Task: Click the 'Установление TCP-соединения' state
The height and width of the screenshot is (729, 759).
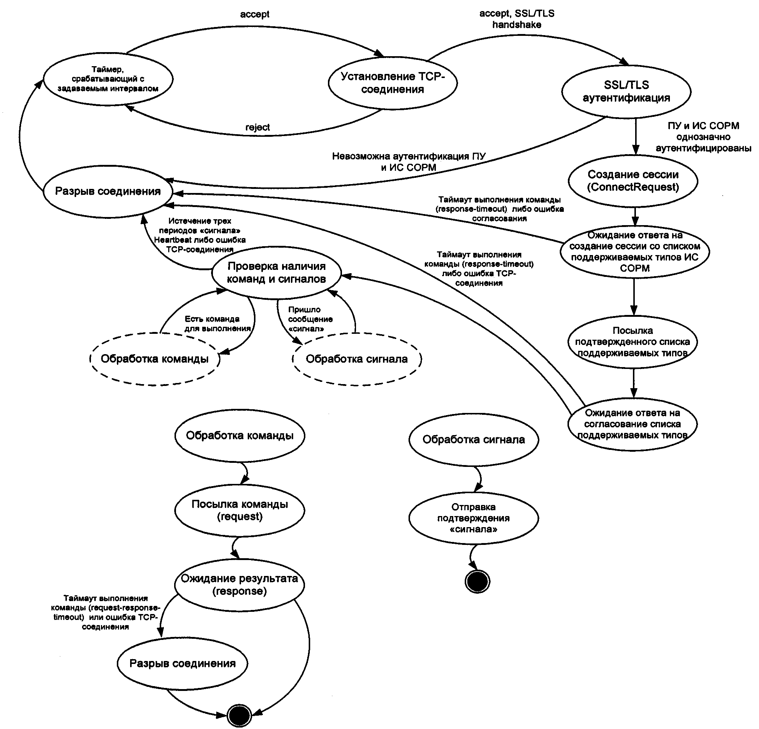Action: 393,83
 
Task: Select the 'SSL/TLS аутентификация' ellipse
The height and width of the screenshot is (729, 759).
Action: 626,91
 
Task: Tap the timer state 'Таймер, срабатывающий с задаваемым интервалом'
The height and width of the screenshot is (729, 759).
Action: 108,79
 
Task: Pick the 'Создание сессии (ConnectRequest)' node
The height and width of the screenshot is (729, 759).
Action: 633,181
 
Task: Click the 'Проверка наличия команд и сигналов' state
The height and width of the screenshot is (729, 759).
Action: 276,272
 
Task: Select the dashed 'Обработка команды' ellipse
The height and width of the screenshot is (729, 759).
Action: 155,359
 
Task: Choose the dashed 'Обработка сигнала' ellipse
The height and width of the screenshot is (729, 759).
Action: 357,359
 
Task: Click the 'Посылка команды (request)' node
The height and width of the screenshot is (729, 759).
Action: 240,510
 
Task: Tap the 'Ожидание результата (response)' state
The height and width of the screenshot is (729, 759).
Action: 239,584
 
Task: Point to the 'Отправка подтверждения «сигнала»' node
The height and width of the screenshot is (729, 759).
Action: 473,518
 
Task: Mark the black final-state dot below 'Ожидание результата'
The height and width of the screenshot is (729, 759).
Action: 239,715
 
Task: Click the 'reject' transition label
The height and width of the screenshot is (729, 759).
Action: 258,128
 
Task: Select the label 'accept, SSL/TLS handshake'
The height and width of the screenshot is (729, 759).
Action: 516,19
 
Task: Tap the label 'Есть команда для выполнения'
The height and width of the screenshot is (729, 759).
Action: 217,324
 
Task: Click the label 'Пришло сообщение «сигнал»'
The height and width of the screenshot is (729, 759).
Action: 310,319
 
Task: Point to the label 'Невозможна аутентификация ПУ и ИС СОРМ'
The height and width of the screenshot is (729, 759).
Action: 409,162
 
